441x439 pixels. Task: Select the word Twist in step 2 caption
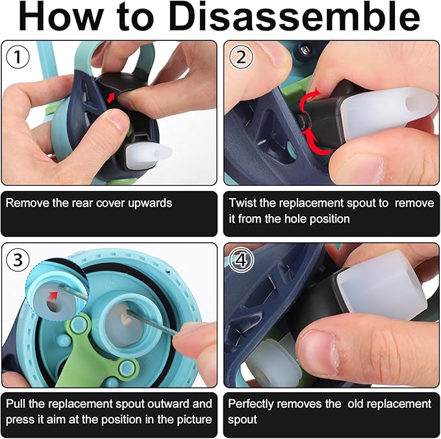242,203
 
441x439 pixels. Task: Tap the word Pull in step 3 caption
16,404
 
